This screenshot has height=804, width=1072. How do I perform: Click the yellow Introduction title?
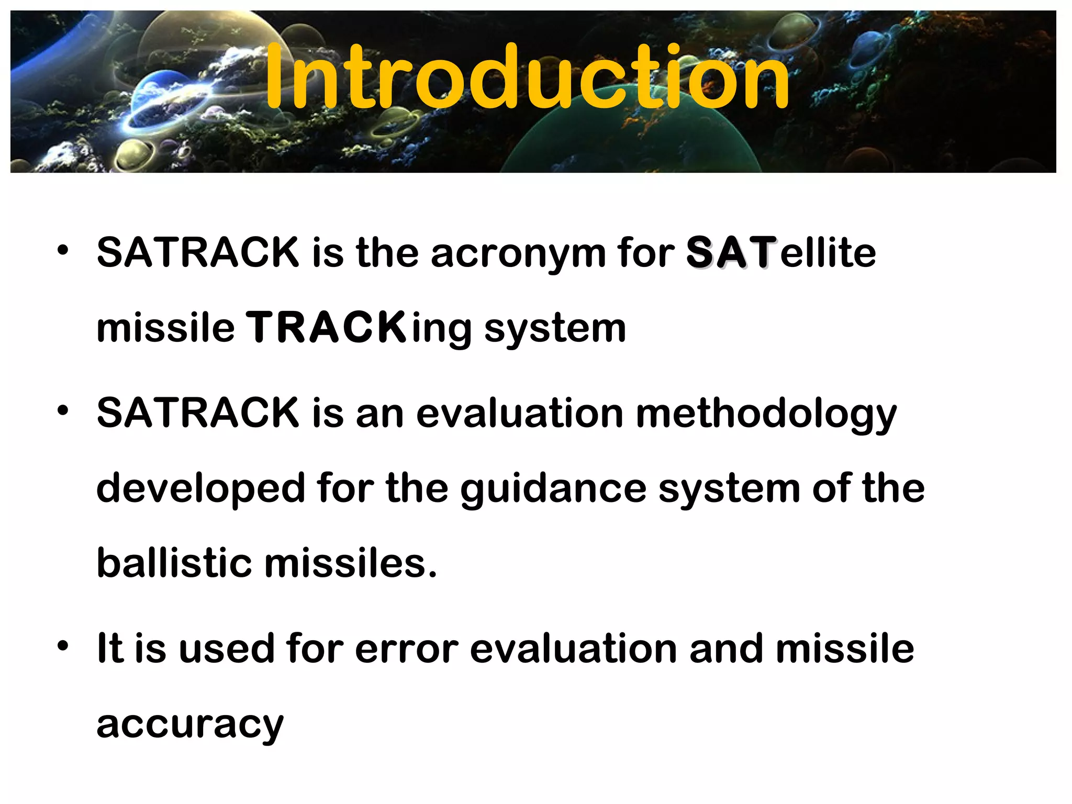[527, 77]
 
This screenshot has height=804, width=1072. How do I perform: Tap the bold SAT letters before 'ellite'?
[731, 253]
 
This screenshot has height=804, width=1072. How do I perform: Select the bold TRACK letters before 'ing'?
[326, 328]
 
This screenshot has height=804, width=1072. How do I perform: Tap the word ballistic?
[174, 564]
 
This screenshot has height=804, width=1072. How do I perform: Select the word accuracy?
[190, 726]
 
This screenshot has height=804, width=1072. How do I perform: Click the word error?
[407, 650]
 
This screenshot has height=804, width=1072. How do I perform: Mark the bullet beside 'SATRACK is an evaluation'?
[63, 411]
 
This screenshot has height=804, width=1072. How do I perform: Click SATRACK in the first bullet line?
[198, 253]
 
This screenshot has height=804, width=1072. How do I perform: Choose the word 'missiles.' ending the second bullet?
[350, 564]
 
